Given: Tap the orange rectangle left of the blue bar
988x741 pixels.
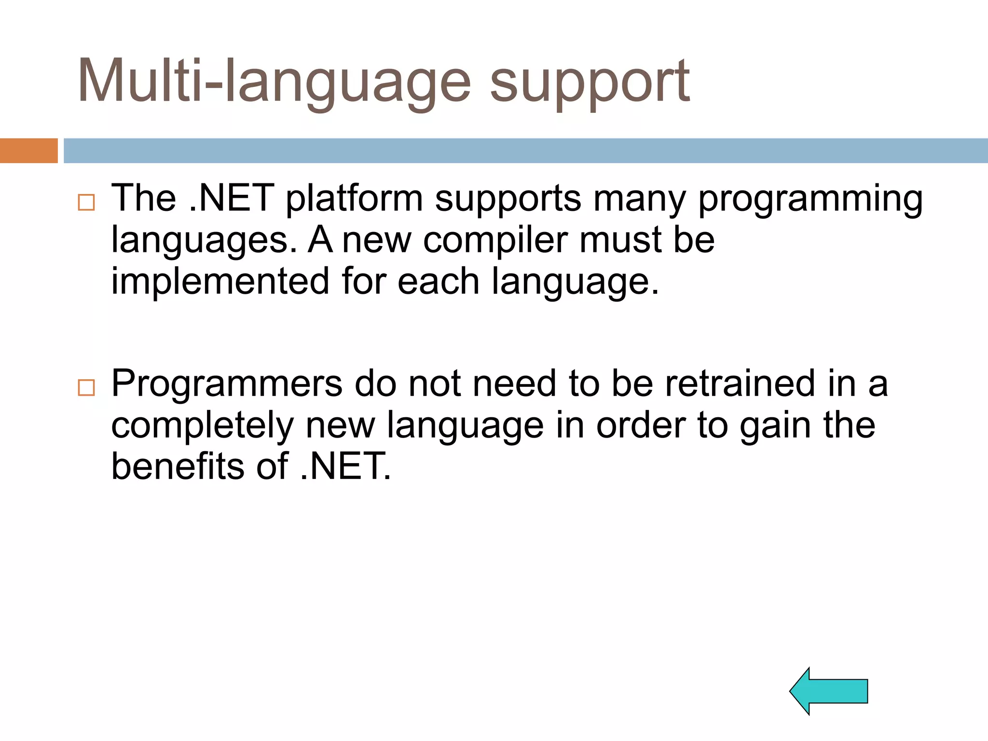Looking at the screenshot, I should [x=28, y=151].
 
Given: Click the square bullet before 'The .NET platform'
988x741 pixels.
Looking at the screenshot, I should [x=86, y=202].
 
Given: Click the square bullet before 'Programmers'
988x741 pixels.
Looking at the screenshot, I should [x=86, y=387].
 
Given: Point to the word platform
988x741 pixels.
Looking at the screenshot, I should [x=354, y=199].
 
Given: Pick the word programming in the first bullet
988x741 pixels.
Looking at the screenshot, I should [x=810, y=199].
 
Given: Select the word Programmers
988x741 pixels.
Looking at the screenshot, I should [x=227, y=384].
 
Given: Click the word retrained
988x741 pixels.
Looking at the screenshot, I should [x=740, y=384].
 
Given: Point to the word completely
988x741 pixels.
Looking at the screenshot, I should [x=202, y=425].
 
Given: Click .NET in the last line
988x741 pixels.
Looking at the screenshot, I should [x=344, y=467].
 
